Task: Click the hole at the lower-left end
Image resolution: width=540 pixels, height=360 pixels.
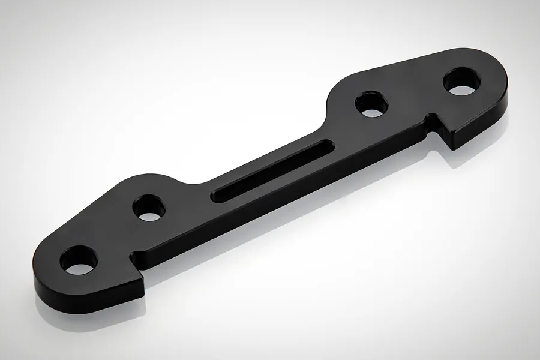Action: pos(79,259)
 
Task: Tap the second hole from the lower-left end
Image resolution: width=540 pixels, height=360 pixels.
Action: pos(149,208)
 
